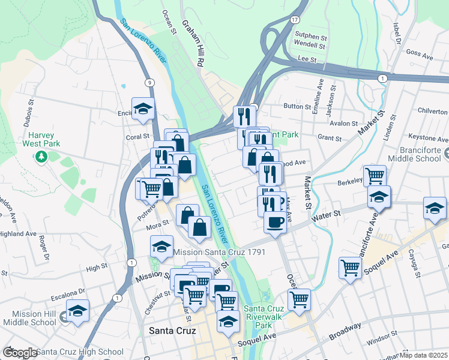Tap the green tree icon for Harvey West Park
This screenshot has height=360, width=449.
(41, 157)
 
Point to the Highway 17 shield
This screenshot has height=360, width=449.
(294, 20)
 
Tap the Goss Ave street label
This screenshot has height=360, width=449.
(419, 55)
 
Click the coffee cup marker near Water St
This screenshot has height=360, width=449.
(276, 221)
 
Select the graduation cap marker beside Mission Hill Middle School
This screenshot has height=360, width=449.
(77, 311)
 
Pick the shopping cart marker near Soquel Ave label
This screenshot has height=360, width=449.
(350, 268)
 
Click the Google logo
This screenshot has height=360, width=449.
(20, 352)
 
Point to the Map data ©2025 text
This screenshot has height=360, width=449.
(424, 355)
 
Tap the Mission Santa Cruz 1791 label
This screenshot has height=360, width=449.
(220, 253)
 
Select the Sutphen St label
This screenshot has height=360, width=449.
(310, 35)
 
